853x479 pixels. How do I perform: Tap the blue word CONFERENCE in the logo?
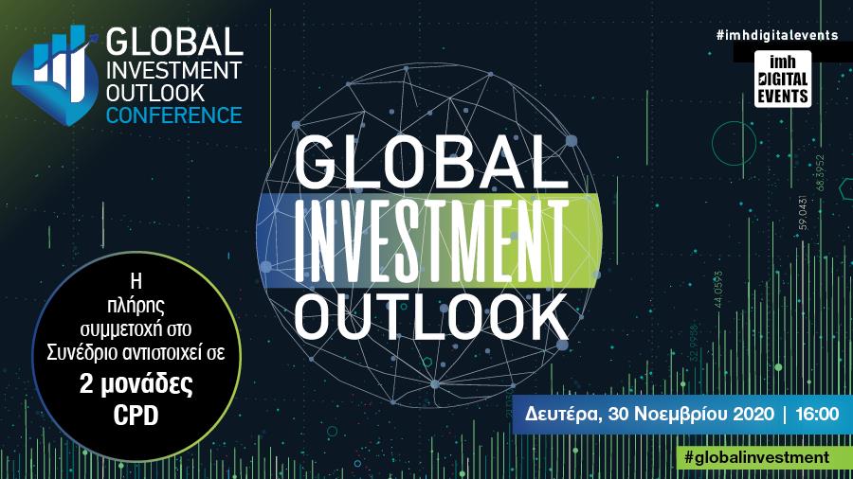pos(173,116)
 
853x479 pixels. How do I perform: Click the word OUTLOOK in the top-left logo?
pos(154,94)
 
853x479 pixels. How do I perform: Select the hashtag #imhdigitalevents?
pos(776,35)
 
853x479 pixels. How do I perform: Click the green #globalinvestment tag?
pos(756,456)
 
